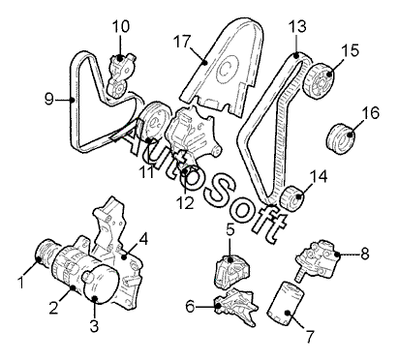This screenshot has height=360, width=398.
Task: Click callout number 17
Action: point(182,42)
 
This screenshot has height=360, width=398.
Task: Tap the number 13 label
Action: point(297,26)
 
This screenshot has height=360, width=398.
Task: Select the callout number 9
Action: point(48,99)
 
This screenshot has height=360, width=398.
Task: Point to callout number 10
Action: point(121,26)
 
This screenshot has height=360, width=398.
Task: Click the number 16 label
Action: point(371,113)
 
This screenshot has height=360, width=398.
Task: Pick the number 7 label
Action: point(309,337)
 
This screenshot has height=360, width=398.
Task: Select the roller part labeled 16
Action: point(342,138)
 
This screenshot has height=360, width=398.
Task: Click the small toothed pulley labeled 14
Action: point(291,197)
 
